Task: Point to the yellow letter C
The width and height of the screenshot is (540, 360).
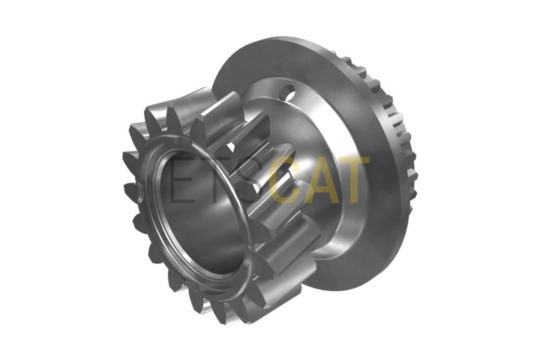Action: coord(286,179)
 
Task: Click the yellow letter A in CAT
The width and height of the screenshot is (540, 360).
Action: coord(320,179)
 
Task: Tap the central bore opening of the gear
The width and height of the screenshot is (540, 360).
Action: coord(203,214)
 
